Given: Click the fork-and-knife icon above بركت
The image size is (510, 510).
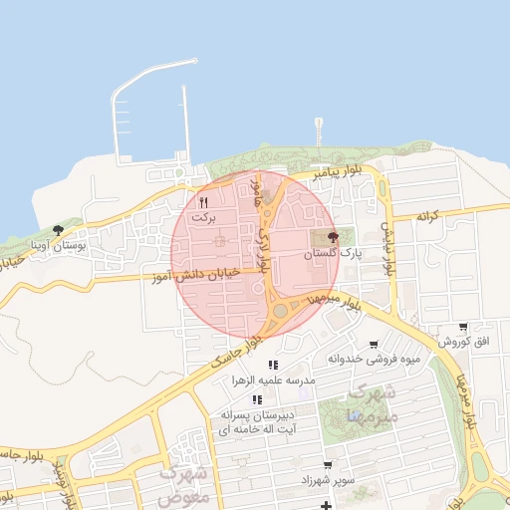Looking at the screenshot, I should (203, 200).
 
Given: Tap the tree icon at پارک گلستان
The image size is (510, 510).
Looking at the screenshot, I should (332, 237).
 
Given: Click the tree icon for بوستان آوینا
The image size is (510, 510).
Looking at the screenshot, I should (57, 230).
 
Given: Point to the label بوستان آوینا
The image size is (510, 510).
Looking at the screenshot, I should (60, 244).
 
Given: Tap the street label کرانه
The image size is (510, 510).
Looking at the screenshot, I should (427, 215).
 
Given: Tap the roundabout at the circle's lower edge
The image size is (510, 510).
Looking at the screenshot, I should (280, 311).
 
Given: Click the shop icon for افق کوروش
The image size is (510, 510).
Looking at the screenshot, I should (463, 327).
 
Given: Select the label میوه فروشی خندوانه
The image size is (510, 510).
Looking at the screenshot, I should (372, 359).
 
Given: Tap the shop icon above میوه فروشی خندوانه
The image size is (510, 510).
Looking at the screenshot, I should (374, 345).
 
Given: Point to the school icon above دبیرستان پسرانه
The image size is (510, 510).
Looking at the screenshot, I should (258, 399).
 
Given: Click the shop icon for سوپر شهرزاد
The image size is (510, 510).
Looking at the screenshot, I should (327, 465).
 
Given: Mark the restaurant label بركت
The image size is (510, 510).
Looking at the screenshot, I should (203, 215).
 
